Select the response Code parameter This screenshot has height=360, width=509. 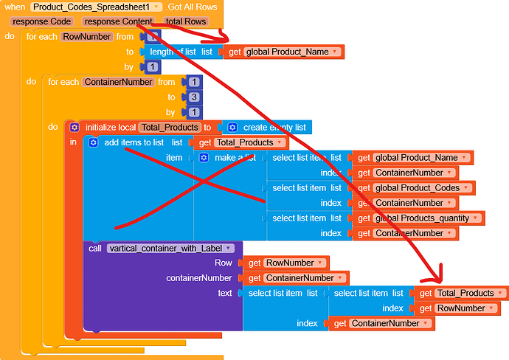point(41,21)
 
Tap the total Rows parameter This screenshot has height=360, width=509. point(185,21)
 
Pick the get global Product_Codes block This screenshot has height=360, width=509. point(416,187)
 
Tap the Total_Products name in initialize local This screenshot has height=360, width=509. point(169,127)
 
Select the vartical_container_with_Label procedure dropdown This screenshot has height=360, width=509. point(170,248)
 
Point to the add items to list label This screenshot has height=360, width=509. point(134,142)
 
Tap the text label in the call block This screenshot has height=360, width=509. point(225,293)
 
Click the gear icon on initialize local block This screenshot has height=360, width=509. point(75,127)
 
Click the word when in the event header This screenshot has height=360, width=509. point(15,7)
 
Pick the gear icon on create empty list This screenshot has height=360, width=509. point(232,127)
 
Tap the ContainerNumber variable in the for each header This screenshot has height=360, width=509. point(119,82)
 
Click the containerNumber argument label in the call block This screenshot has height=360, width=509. point(199,278)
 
